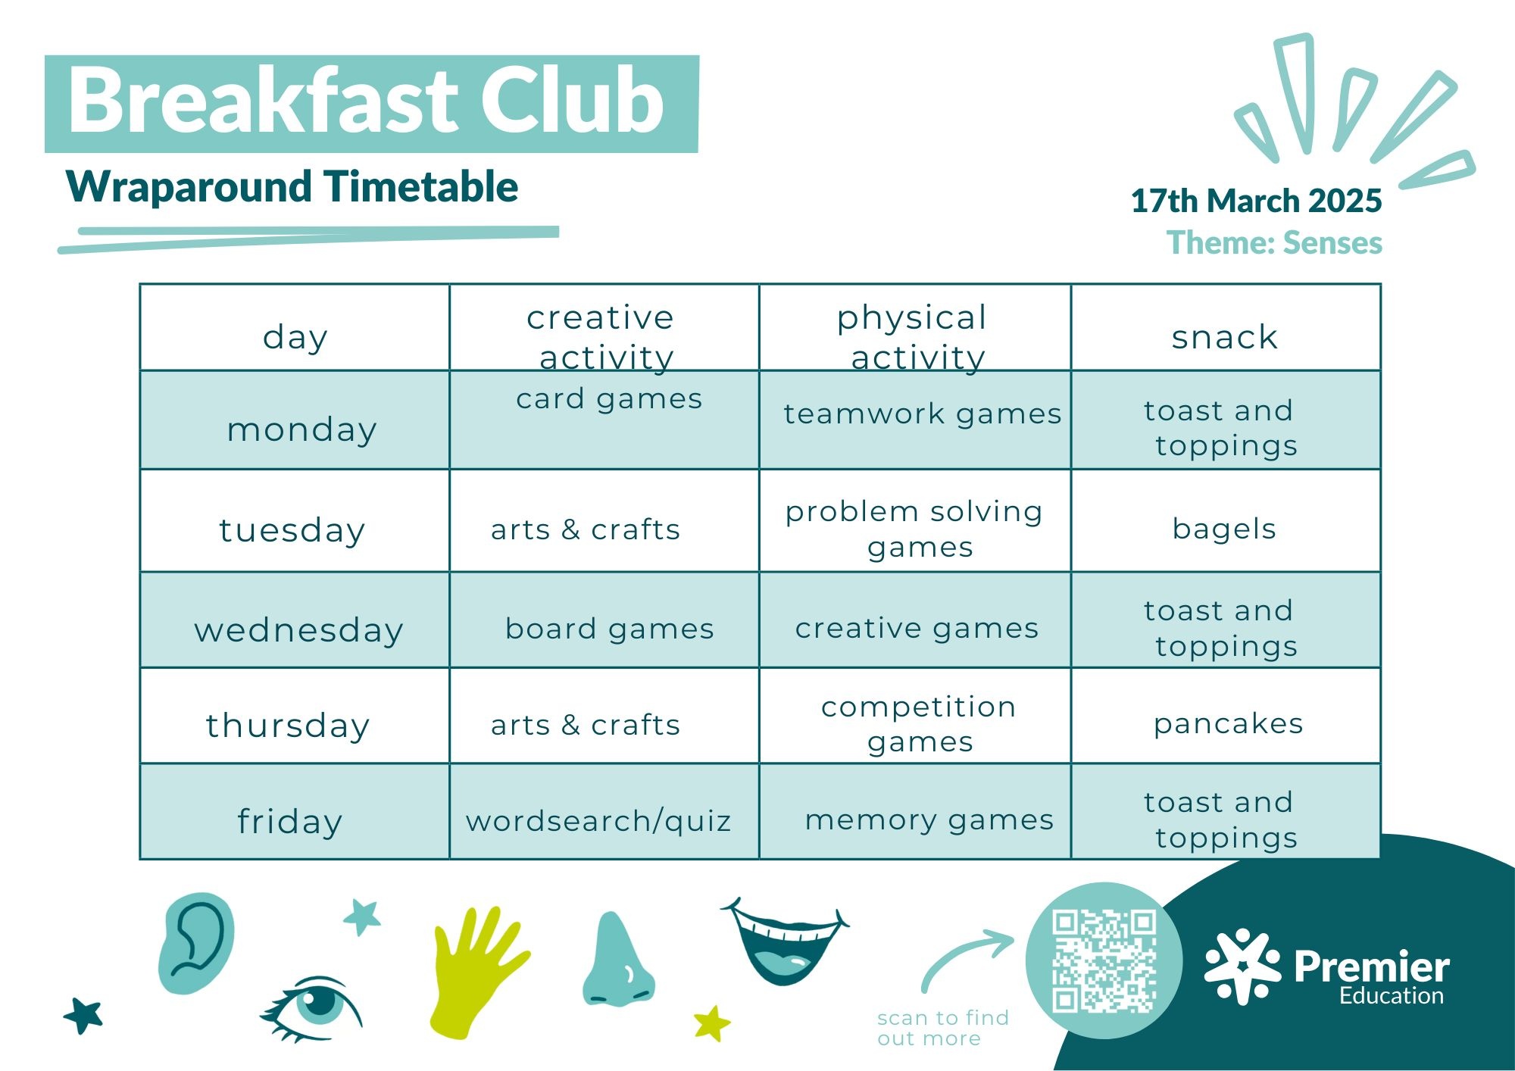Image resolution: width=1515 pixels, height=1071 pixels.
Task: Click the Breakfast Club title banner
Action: [371, 104]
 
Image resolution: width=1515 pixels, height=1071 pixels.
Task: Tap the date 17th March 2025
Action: [1256, 201]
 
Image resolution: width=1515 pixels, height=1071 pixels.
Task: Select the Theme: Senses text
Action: [1274, 242]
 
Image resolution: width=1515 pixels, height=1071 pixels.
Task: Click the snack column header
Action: [1225, 337]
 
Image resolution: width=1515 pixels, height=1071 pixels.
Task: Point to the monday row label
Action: [301, 430]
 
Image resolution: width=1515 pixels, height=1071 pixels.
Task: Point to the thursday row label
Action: [288, 726]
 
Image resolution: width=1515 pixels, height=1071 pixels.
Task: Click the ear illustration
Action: [196, 943]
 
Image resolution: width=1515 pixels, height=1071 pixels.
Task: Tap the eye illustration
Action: [311, 1007]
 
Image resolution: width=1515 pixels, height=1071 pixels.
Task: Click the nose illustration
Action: [617, 960]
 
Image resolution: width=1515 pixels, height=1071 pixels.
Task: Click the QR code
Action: [1104, 961]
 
